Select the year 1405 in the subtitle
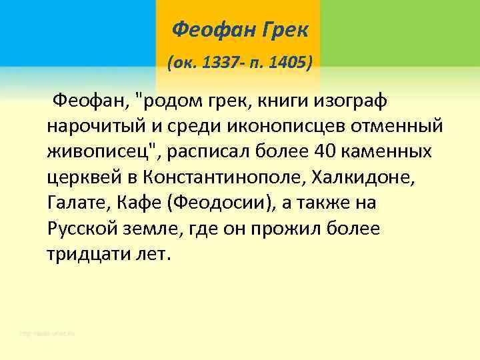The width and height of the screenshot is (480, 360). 283,63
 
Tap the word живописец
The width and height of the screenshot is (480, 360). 100,151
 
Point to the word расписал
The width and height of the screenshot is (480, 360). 209,151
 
